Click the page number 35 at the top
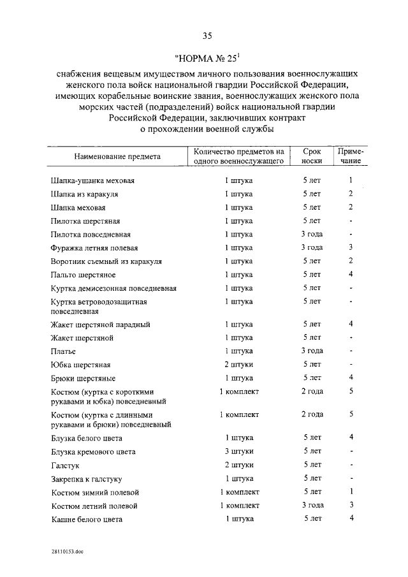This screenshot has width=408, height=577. [x=203, y=36]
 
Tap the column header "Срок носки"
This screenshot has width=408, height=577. [x=312, y=157]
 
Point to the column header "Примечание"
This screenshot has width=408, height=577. [x=351, y=157]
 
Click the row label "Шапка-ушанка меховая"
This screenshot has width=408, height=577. [x=92, y=180]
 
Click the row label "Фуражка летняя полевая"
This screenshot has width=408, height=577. [x=94, y=248]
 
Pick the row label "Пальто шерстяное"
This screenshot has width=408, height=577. [x=83, y=275]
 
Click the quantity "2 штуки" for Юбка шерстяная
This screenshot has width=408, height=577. [x=239, y=365]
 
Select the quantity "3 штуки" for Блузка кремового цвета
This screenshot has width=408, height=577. [x=239, y=451]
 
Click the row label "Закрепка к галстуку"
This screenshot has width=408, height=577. [x=86, y=479]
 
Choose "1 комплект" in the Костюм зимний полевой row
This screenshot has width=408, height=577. [x=239, y=492]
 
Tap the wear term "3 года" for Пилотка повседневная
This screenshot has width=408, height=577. [x=312, y=234]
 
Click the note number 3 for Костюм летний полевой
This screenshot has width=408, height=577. [x=351, y=506]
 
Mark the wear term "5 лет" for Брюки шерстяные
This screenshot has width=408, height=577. [x=312, y=378]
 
